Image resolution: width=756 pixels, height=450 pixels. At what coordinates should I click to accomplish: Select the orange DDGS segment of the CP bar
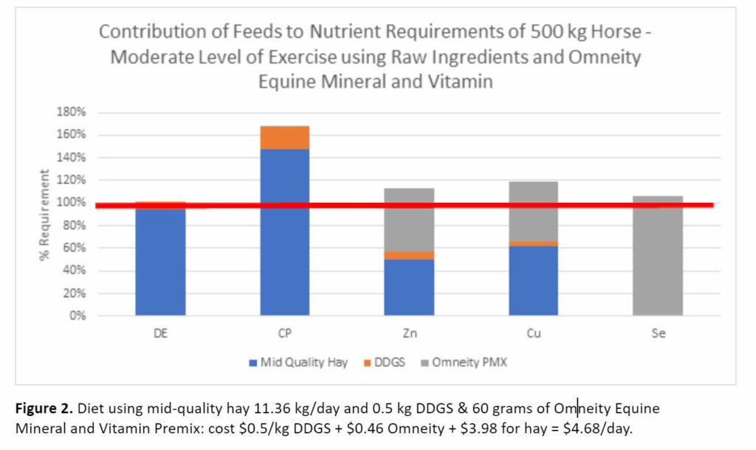(x=284, y=138)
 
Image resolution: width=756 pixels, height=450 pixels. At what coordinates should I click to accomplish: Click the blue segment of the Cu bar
(x=533, y=280)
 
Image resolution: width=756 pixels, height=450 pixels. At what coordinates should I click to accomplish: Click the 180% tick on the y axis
(x=72, y=112)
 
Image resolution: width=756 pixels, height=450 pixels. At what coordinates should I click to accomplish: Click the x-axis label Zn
(x=409, y=333)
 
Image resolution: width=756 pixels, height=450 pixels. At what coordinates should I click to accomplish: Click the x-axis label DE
(x=160, y=333)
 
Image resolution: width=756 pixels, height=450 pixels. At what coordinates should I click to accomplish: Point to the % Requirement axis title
(x=45, y=214)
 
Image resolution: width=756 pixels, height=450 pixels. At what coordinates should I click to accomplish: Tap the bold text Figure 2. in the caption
(x=44, y=408)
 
